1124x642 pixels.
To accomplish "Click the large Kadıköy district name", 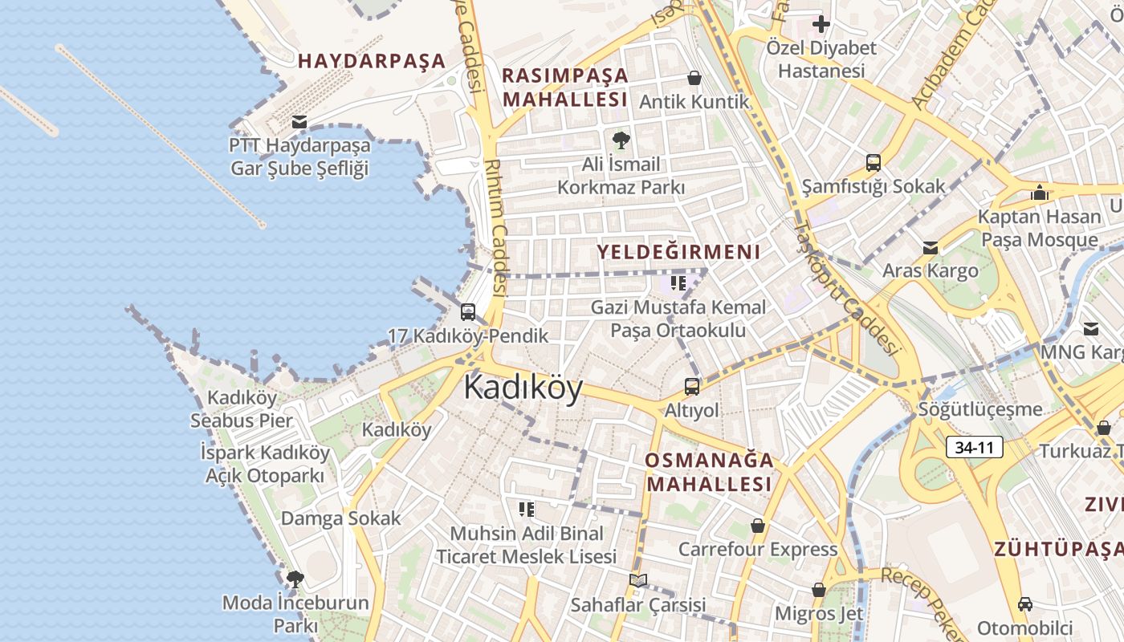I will point(523,388).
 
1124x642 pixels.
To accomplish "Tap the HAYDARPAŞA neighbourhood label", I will point(372,61).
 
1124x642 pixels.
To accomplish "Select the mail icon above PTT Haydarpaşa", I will point(299,122).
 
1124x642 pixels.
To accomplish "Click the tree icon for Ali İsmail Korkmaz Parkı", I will point(621,140).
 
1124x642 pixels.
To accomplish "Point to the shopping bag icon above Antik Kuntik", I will point(694,78).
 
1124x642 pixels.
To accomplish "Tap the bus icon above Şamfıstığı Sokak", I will point(874,163).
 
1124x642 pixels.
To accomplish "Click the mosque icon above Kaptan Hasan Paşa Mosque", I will point(1040,193).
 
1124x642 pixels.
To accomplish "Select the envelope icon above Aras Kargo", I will point(930,247).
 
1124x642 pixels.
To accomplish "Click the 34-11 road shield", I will point(975,447).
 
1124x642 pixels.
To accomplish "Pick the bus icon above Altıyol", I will point(692,387).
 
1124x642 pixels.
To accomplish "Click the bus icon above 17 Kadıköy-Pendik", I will point(468,312).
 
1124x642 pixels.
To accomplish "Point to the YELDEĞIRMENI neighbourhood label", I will point(678,252).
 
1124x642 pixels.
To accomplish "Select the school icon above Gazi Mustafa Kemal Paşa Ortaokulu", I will point(678,283).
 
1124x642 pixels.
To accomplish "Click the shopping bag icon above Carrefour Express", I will point(757,526).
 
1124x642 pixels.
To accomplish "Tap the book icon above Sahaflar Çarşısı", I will point(637,580).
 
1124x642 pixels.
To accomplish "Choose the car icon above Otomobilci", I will point(1024,603).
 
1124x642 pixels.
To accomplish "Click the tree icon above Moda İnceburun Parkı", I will point(295,579).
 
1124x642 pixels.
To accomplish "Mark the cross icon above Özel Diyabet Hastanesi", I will point(821,24).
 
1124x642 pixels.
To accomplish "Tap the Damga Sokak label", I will point(340,518).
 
